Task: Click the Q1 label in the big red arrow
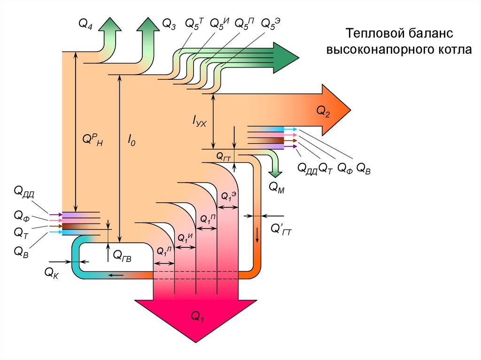tap(197, 316)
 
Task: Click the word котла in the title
tap(451, 49)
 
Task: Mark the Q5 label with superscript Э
tap(270, 23)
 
